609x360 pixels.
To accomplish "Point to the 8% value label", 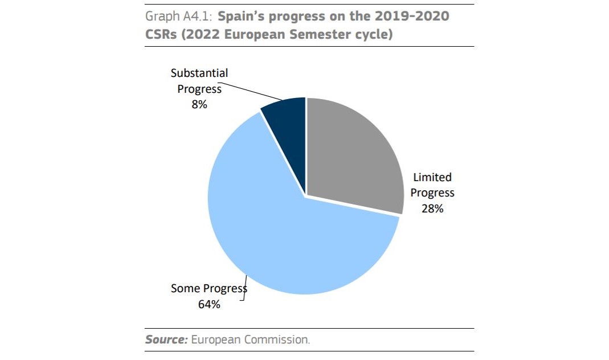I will pos(199,104).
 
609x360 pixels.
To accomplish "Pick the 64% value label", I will pos(209,304).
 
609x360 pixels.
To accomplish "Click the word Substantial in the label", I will pos(199,73).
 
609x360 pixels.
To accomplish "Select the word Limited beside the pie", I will pos(432,177).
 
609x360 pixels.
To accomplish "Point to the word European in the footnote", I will pos(216,339).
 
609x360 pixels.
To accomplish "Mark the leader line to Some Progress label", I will pos(245,285).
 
